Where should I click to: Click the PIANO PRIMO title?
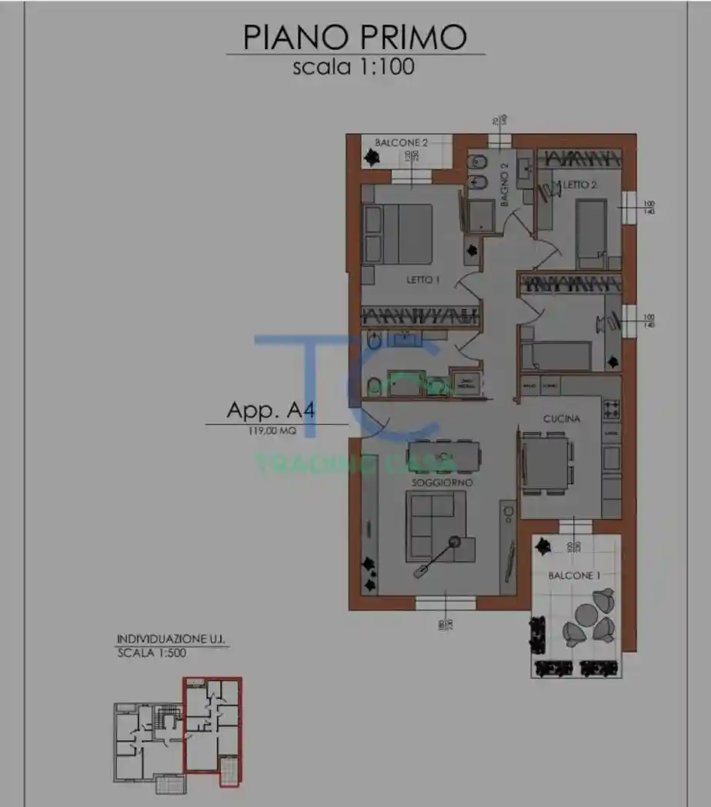355,37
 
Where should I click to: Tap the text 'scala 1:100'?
353,67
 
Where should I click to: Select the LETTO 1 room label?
422,280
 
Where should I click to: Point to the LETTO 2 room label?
580,185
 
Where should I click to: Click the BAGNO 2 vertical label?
505,185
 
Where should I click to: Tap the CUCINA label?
561,419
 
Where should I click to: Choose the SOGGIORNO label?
442,482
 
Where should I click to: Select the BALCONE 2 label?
401,142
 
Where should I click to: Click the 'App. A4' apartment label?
270,410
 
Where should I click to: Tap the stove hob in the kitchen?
612,409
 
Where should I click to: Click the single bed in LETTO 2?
590,229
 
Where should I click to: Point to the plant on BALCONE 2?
372,158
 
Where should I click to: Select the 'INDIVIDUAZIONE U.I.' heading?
172,639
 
